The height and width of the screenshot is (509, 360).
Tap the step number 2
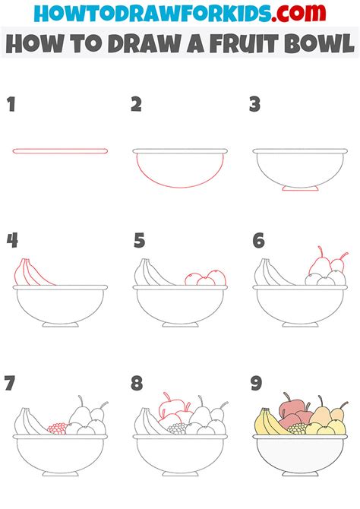[136, 105]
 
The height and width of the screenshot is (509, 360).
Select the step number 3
[255, 105]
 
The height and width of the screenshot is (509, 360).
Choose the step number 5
[139, 241]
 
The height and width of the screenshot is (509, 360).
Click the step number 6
[258, 241]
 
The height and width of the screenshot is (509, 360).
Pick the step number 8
[137, 383]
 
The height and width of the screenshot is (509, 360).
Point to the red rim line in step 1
[60, 151]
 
